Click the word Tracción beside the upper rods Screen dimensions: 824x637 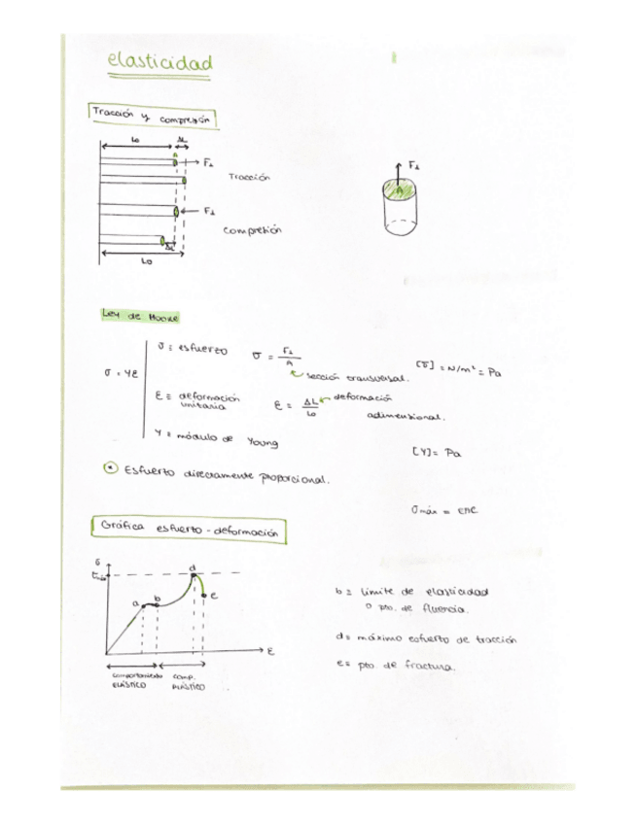pyautogui.click(x=248, y=178)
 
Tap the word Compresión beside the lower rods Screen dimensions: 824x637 pyautogui.click(x=253, y=231)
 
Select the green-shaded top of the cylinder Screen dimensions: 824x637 pyautogui.click(x=401, y=191)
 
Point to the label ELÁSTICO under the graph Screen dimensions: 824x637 pyautogui.click(x=128, y=686)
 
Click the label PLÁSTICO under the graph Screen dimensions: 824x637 pyautogui.click(x=188, y=687)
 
